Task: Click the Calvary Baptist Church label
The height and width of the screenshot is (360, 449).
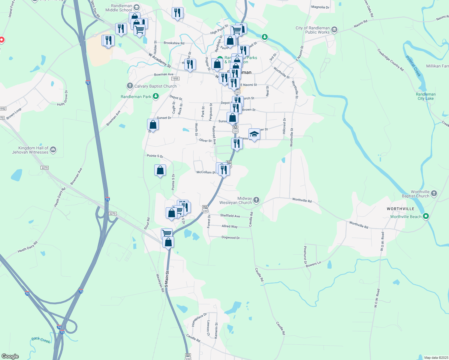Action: click(x=155, y=86)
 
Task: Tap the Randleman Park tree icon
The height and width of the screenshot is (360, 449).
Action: click(x=155, y=96)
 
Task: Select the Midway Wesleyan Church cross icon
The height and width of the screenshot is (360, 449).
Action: click(x=256, y=200)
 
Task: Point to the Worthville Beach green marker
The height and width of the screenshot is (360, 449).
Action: click(x=426, y=216)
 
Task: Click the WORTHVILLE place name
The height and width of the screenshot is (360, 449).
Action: click(x=400, y=209)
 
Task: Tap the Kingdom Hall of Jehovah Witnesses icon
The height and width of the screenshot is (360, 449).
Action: click(x=53, y=149)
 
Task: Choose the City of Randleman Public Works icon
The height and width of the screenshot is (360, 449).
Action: click(x=334, y=30)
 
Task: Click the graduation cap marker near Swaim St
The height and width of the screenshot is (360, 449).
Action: click(x=254, y=134)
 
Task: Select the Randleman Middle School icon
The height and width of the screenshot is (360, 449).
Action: click(x=137, y=7)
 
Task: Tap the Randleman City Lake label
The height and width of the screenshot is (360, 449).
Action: click(x=426, y=96)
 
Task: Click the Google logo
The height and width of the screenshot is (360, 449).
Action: click(x=10, y=356)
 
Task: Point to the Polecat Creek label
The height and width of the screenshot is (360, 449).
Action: click(x=413, y=66)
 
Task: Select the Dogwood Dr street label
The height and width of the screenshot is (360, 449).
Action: click(x=231, y=238)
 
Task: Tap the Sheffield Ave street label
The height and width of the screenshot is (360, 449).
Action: click(x=230, y=216)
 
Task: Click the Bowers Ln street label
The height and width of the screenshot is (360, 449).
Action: click(x=313, y=264)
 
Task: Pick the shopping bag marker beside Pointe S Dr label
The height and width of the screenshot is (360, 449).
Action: click(x=160, y=170)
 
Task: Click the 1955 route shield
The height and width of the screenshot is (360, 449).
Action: click(x=175, y=79)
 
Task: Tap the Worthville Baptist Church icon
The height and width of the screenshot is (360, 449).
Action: click(x=434, y=194)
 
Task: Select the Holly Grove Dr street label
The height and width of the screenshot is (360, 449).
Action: click(x=63, y=98)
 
